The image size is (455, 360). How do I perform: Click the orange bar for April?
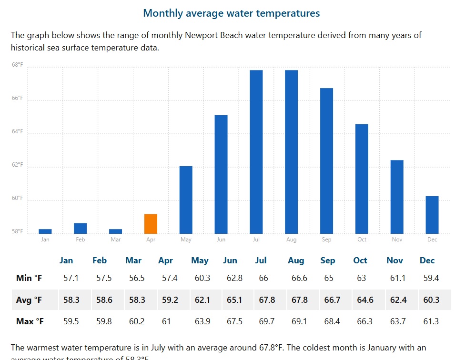tap(151, 224)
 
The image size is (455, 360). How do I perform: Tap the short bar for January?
tap(45, 231)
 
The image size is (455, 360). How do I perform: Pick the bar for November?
tap(397, 197)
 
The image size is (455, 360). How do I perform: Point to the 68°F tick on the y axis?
tap(17, 65)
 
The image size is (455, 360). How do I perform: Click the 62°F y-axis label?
tap(17, 165)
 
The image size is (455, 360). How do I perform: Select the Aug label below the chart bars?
tap(291, 240)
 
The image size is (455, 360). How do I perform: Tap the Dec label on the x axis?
tap(432, 240)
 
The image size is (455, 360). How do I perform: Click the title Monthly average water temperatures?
tap(232, 13)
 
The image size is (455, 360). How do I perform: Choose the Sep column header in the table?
tap(328, 260)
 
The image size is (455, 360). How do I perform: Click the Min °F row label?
tap(29, 278)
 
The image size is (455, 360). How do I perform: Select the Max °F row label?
tap(30, 321)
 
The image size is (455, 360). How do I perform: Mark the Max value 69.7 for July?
tap(266, 321)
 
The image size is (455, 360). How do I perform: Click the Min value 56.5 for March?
tap(137, 278)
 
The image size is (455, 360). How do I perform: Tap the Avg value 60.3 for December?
tap(431, 300)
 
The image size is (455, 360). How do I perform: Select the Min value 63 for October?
tap(362, 278)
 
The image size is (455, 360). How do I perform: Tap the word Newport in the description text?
tap(201, 35)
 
